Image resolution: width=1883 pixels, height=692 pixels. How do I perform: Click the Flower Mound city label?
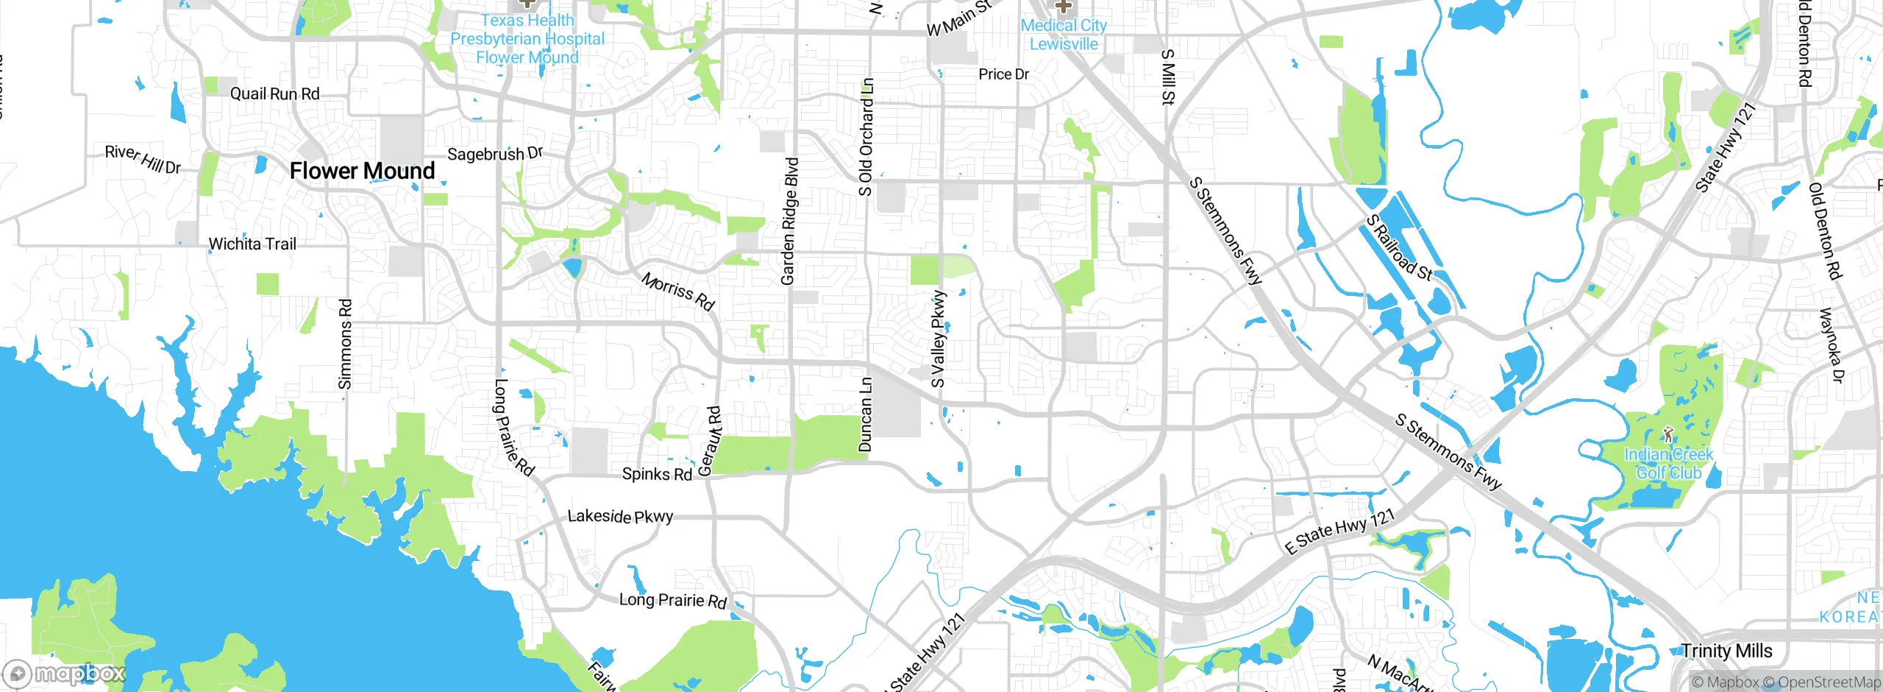tap(362, 171)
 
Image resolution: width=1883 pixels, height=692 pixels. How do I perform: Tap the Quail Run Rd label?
tap(274, 93)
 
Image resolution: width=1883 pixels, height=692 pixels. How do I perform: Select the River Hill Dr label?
tap(143, 159)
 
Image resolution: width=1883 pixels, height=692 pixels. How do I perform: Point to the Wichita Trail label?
tap(252, 244)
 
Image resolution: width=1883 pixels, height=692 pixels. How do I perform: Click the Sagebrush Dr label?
tap(495, 154)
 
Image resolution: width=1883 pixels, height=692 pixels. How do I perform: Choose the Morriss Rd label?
tap(677, 292)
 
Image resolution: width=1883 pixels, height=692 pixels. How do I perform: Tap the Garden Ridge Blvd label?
tap(789, 221)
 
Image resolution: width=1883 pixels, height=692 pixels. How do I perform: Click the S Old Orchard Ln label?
tap(866, 137)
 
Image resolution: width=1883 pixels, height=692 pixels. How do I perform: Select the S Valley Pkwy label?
tap(939, 339)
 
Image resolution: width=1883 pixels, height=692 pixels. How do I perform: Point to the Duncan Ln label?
tap(866, 414)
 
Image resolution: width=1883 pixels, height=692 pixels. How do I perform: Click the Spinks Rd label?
tap(657, 474)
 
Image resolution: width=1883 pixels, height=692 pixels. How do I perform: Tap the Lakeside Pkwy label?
tap(620, 516)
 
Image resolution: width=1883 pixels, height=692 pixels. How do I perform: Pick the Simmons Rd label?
tap(345, 344)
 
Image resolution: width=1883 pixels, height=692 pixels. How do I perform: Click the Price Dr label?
tap(1003, 74)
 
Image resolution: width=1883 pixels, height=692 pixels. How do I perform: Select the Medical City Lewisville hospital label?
tap(1063, 35)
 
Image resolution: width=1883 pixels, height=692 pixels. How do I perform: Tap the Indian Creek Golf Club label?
tap(1668, 463)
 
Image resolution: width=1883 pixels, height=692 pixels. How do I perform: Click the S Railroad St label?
tap(1398, 248)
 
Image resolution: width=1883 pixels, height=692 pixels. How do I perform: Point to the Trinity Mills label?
tap(1726, 651)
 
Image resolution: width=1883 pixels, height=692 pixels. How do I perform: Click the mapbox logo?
tap(65, 674)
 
